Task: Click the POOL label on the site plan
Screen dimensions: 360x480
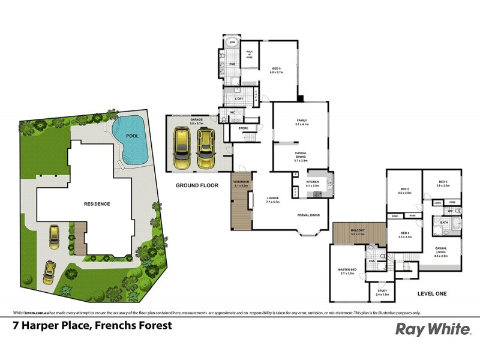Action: (x=132, y=136)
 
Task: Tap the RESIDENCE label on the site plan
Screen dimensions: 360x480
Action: (x=97, y=204)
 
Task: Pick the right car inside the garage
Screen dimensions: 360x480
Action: (x=206, y=150)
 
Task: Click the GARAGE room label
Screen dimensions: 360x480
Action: (x=197, y=121)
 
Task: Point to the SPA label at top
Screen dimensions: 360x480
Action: (x=232, y=44)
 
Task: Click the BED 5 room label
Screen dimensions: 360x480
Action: (x=276, y=69)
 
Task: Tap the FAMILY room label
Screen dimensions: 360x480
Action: (x=301, y=122)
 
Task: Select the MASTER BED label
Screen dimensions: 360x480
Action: (x=348, y=271)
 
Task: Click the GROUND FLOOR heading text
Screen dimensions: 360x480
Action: (x=197, y=185)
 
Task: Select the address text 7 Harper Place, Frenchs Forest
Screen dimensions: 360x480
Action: (x=92, y=326)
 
